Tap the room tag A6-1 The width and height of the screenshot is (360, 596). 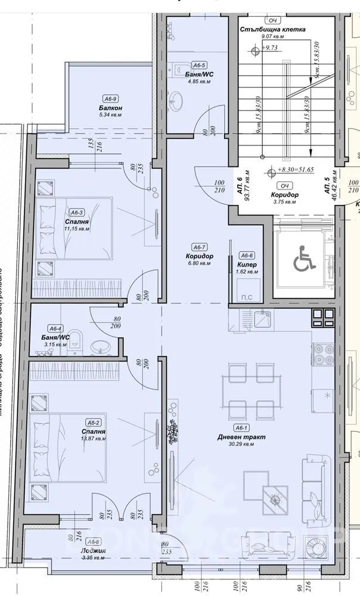[x=241, y=428]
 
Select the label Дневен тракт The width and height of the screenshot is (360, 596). [x=241, y=437]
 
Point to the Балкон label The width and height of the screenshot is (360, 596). [x=111, y=108]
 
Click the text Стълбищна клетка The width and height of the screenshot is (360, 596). [x=273, y=29]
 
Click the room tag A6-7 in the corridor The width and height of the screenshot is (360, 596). [x=199, y=247]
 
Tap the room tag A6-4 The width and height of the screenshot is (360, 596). [x=56, y=328]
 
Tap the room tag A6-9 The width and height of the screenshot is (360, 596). [x=110, y=99]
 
